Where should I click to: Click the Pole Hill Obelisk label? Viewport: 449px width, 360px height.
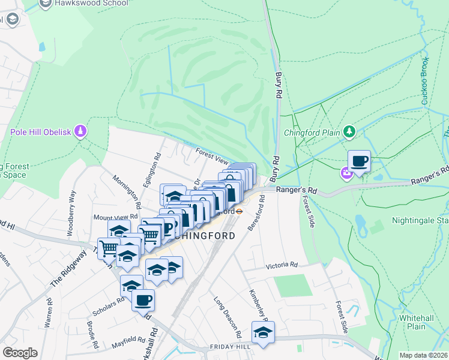pyautogui.click(x=41, y=131)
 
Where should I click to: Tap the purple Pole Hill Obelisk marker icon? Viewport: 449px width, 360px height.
pyautogui.click(x=82, y=131)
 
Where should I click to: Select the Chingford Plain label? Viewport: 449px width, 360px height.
pyautogui.click(x=312, y=132)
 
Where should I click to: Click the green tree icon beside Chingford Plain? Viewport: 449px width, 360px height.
pyautogui.click(x=349, y=131)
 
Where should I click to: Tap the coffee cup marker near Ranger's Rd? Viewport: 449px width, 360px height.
pyautogui.click(x=359, y=161)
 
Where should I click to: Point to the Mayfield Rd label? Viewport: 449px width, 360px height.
pyautogui.click(x=127, y=346)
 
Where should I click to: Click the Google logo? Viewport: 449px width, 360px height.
pyautogui.click(x=20, y=353)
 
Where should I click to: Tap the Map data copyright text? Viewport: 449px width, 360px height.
pyautogui.click(x=423, y=355)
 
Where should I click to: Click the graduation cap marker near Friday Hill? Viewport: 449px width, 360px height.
pyautogui.click(x=263, y=332)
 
